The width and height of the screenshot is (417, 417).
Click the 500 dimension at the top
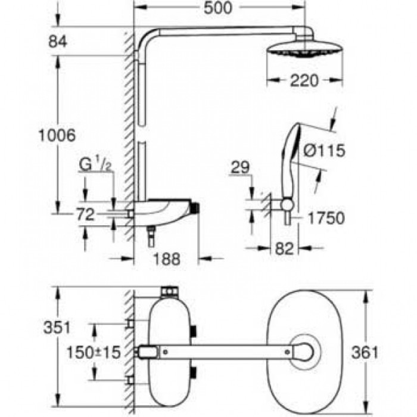point(218,8)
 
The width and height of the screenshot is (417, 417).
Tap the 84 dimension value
point(58,42)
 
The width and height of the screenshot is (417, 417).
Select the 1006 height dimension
point(57,135)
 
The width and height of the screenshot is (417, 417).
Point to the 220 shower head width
point(304,80)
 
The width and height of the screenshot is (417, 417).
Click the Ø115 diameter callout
point(324,151)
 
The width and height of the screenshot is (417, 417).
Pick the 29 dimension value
point(241,167)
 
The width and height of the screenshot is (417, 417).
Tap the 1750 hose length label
point(326,218)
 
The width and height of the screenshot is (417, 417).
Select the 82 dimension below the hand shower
point(284,249)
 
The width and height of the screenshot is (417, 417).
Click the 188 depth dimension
point(167,259)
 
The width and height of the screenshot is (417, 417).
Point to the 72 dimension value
point(85,214)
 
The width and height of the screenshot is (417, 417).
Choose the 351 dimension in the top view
point(57,328)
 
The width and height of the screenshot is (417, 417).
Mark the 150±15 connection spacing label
point(94,353)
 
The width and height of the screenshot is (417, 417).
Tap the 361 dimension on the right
point(365,353)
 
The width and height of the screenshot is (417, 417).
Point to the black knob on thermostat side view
point(196,208)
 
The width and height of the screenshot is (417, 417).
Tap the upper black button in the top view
point(194,331)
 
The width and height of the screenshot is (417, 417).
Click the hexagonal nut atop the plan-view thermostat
point(169,292)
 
